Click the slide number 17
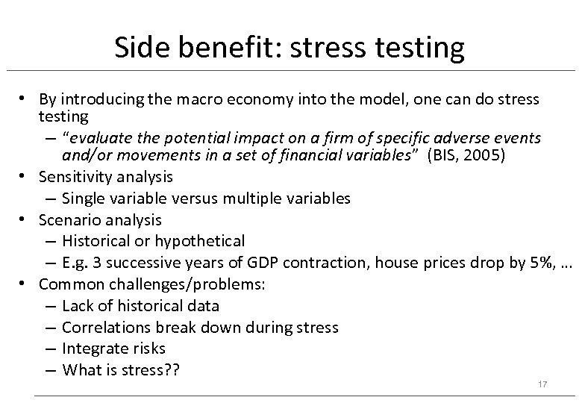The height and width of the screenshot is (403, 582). coord(542,384)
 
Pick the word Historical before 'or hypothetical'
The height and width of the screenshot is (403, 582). coord(95,241)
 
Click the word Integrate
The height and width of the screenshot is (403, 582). coord(93,348)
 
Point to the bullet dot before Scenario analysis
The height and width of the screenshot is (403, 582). coord(25,220)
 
